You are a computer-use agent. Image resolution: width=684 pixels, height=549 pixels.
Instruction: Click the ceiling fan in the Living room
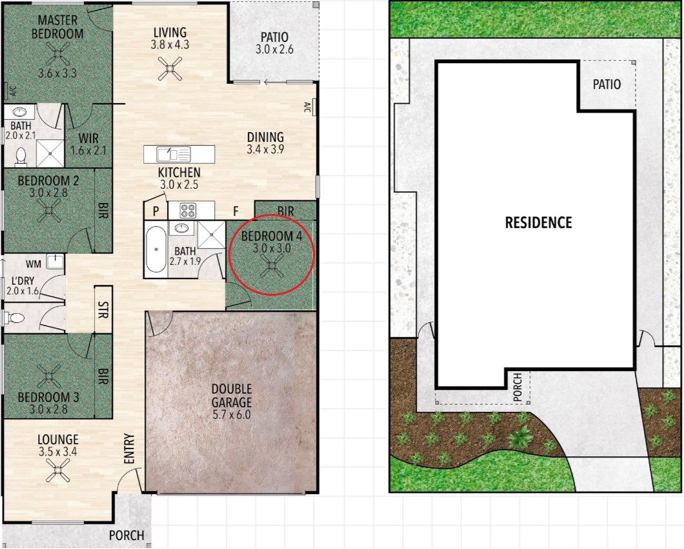pos(170,68)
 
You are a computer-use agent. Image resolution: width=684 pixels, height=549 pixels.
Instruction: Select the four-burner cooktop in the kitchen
pos(188,211)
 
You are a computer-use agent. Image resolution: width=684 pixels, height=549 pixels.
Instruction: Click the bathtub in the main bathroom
pos(156,249)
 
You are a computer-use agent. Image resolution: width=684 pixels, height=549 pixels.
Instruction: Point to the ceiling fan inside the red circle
pos(271,266)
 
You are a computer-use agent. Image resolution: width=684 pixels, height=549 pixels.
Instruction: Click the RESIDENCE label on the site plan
pos(538,223)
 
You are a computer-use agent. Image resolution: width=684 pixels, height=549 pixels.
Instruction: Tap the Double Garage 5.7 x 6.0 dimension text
pos(232,414)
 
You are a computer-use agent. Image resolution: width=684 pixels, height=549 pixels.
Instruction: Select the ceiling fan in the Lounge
pos(58,471)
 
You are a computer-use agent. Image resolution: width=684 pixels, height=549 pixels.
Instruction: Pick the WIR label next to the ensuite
pos(88,139)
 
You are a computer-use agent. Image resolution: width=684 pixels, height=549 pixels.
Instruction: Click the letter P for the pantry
pos(156,212)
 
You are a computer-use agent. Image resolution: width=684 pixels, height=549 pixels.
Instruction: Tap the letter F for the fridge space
pos(236,212)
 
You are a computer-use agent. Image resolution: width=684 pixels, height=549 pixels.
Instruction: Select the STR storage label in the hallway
pos(103,310)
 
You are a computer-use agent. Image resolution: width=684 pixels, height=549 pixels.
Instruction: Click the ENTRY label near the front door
pos(128,448)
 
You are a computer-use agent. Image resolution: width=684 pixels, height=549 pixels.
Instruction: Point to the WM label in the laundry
pos(34,264)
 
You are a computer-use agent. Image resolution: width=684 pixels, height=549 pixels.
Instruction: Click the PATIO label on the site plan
pos(607,84)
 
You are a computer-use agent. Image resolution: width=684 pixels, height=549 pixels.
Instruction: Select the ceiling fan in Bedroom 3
pos(49,376)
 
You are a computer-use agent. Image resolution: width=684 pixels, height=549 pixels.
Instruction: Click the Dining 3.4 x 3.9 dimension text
pos(265,149)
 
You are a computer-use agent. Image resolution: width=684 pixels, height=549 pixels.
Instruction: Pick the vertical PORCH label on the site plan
pos(518,387)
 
